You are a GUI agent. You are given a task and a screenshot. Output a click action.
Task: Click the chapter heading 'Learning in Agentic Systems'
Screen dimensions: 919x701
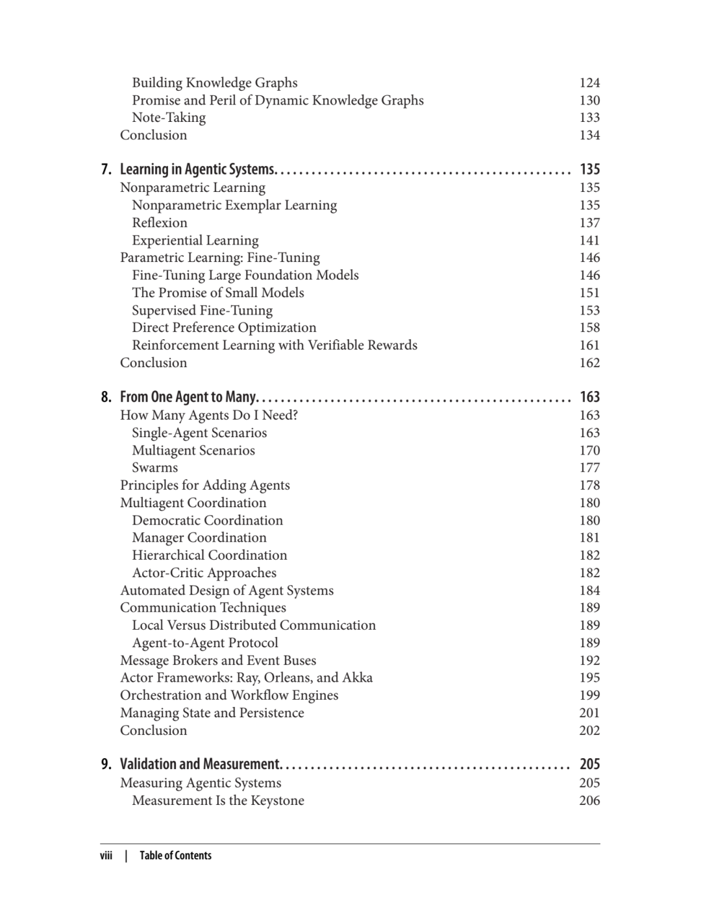click(x=198, y=169)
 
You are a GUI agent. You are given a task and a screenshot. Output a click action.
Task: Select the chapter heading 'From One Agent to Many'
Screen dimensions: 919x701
click(x=189, y=397)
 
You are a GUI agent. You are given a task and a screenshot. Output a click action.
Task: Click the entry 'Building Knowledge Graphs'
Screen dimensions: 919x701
click(x=215, y=82)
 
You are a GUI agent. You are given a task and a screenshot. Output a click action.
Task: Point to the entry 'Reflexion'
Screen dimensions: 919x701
click(x=160, y=222)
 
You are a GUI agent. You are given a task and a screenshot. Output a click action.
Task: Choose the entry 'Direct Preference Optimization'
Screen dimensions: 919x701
click(x=224, y=328)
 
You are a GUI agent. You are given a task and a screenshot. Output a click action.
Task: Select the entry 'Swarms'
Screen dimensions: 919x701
click(x=154, y=468)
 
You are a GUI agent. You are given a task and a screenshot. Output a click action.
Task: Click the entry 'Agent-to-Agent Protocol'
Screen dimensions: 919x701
click(x=205, y=643)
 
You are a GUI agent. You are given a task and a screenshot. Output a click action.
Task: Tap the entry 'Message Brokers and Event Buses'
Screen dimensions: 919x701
click(x=218, y=660)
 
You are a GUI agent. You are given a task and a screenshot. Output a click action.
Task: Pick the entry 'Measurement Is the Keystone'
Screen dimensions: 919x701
click(x=218, y=800)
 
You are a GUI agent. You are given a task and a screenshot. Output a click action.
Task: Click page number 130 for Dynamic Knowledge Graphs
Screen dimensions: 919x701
click(x=589, y=100)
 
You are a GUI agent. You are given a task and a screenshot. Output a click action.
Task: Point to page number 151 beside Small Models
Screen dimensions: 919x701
click(x=589, y=292)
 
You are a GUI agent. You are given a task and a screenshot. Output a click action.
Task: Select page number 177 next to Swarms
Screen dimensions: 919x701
click(x=589, y=468)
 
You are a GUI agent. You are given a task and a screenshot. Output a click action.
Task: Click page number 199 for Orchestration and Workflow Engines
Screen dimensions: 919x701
click(x=589, y=695)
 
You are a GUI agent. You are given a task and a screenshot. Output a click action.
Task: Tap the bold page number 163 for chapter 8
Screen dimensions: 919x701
click(x=589, y=397)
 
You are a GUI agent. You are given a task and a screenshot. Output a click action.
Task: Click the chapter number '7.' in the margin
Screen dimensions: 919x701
click(x=106, y=169)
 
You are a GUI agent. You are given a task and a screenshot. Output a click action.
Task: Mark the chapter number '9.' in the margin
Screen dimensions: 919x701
click(x=106, y=764)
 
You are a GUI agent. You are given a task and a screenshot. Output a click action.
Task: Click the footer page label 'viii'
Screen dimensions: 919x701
click(x=106, y=855)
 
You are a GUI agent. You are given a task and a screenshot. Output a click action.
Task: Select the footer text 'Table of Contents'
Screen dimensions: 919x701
click(x=175, y=855)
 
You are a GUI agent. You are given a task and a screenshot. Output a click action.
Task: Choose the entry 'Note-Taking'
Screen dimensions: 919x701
click(x=169, y=117)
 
